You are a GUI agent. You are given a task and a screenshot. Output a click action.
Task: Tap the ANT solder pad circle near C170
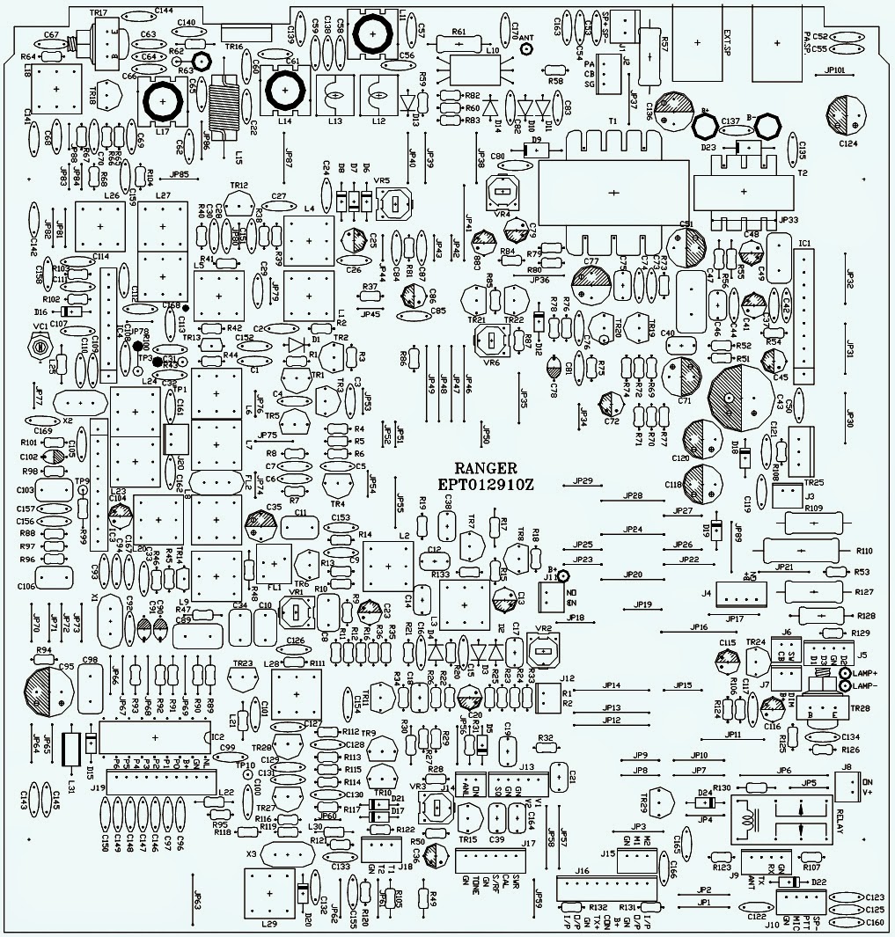525,50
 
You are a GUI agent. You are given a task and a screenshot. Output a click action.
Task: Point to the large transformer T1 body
613,192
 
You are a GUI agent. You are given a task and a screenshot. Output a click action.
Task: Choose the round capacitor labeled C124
847,115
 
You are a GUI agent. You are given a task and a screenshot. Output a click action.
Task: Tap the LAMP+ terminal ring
845,673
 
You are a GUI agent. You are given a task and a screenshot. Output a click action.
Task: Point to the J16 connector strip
608,886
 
